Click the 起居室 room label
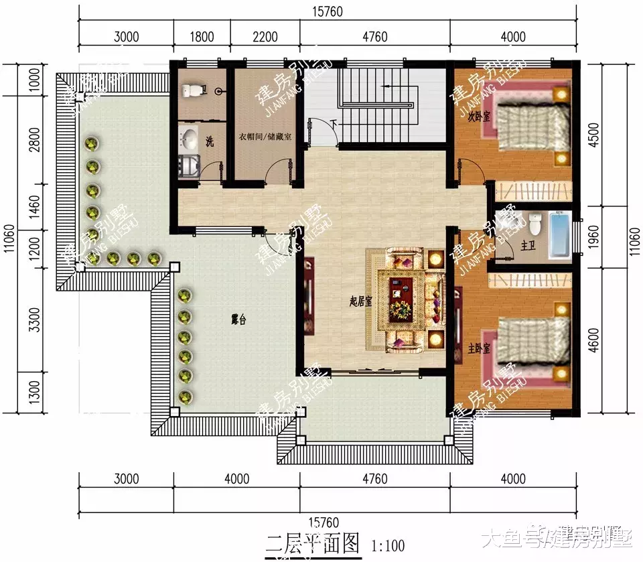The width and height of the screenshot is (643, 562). (360, 301)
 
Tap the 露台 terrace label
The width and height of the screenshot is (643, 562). (238, 320)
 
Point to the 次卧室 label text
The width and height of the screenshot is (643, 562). (480, 116)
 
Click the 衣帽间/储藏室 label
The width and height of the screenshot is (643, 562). (265, 137)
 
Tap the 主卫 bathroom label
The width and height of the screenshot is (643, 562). (527, 247)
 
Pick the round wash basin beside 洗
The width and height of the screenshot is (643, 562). (190, 139)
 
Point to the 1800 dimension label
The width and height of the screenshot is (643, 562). (202, 38)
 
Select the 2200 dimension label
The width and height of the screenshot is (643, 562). (265, 38)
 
